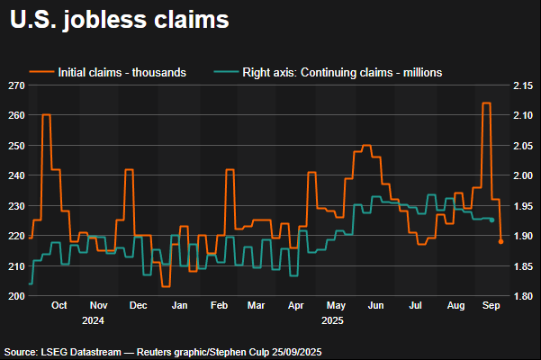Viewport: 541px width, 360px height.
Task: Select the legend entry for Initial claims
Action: pos(122,72)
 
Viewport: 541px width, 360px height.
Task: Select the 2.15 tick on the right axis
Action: pos(524,85)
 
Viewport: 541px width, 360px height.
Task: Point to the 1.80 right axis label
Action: pos(524,295)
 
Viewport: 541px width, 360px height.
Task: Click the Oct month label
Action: pos(59,306)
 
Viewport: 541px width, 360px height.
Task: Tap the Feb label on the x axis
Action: pos(219,306)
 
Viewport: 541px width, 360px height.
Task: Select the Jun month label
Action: pos(376,306)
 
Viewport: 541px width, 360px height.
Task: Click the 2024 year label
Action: pos(93,319)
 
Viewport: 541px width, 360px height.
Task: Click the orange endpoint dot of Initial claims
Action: pos(500,241)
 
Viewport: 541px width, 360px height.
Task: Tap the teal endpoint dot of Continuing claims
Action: pos(491,220)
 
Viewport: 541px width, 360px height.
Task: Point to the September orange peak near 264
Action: pos(486,103)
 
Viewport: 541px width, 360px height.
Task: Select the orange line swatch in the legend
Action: pos(41,72)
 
